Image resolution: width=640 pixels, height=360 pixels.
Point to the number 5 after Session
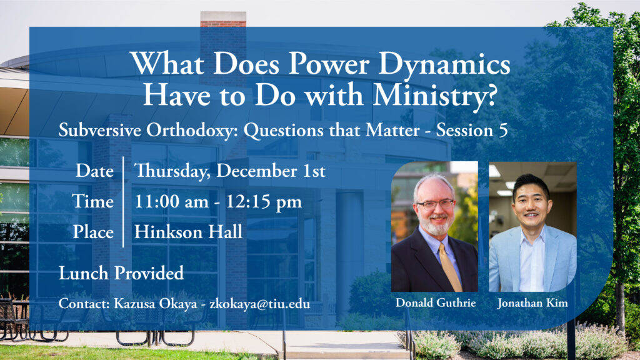coord(503,131)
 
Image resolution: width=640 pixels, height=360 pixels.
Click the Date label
coord(95,171)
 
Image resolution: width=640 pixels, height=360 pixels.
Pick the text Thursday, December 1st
coord(230,171)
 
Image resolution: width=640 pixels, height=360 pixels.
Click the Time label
coord(92,201)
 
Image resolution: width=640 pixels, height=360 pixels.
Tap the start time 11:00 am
coord(171,202)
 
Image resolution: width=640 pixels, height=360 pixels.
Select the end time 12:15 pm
coord(264,202)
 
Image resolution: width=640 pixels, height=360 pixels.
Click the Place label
coord(94,232)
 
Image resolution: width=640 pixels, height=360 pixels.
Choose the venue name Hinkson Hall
coord(188,232)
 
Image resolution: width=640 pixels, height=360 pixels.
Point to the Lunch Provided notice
coord(121,273)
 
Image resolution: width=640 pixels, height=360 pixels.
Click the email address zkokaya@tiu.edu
coord(259,304)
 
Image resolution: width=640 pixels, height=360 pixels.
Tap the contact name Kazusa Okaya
coord(155,304)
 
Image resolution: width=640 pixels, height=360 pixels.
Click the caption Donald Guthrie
coord(436,303)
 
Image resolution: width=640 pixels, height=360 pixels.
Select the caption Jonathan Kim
coord(532,303)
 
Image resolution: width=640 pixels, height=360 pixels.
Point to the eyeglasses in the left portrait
coord(435,204)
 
